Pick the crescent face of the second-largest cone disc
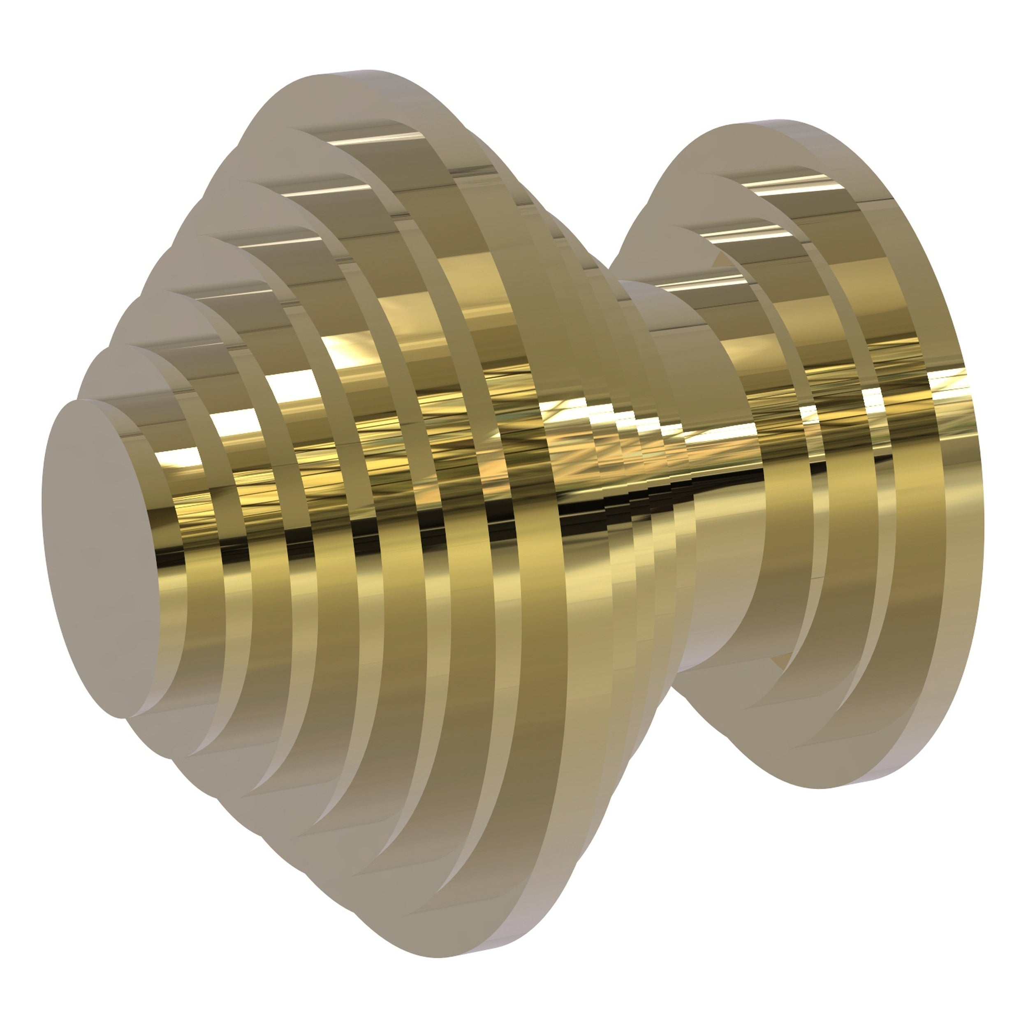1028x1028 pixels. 250,160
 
